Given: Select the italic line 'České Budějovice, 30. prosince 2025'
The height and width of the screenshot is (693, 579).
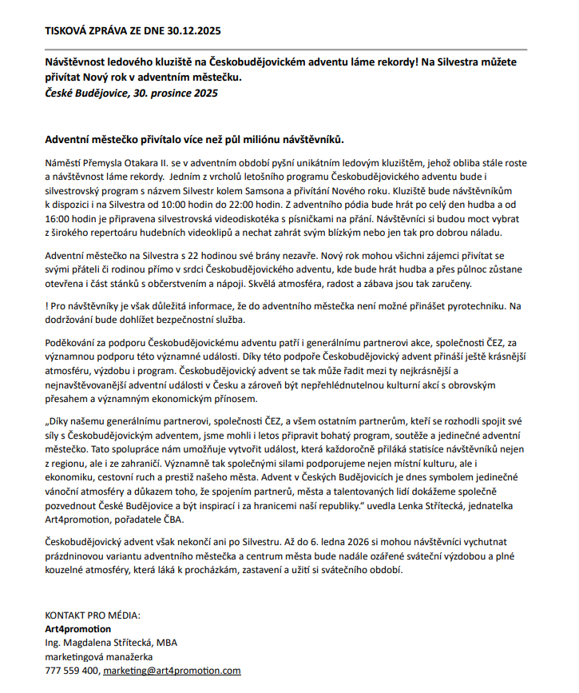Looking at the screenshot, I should tap(131, 93).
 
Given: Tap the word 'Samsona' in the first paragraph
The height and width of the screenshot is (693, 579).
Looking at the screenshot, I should tap(336, 192).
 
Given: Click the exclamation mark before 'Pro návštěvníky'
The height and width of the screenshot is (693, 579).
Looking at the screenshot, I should tap(47, 305).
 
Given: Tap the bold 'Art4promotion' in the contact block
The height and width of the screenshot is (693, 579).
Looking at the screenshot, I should tap(78, 628).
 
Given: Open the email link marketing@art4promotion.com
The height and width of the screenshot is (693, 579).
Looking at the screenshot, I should tap(172, 671).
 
